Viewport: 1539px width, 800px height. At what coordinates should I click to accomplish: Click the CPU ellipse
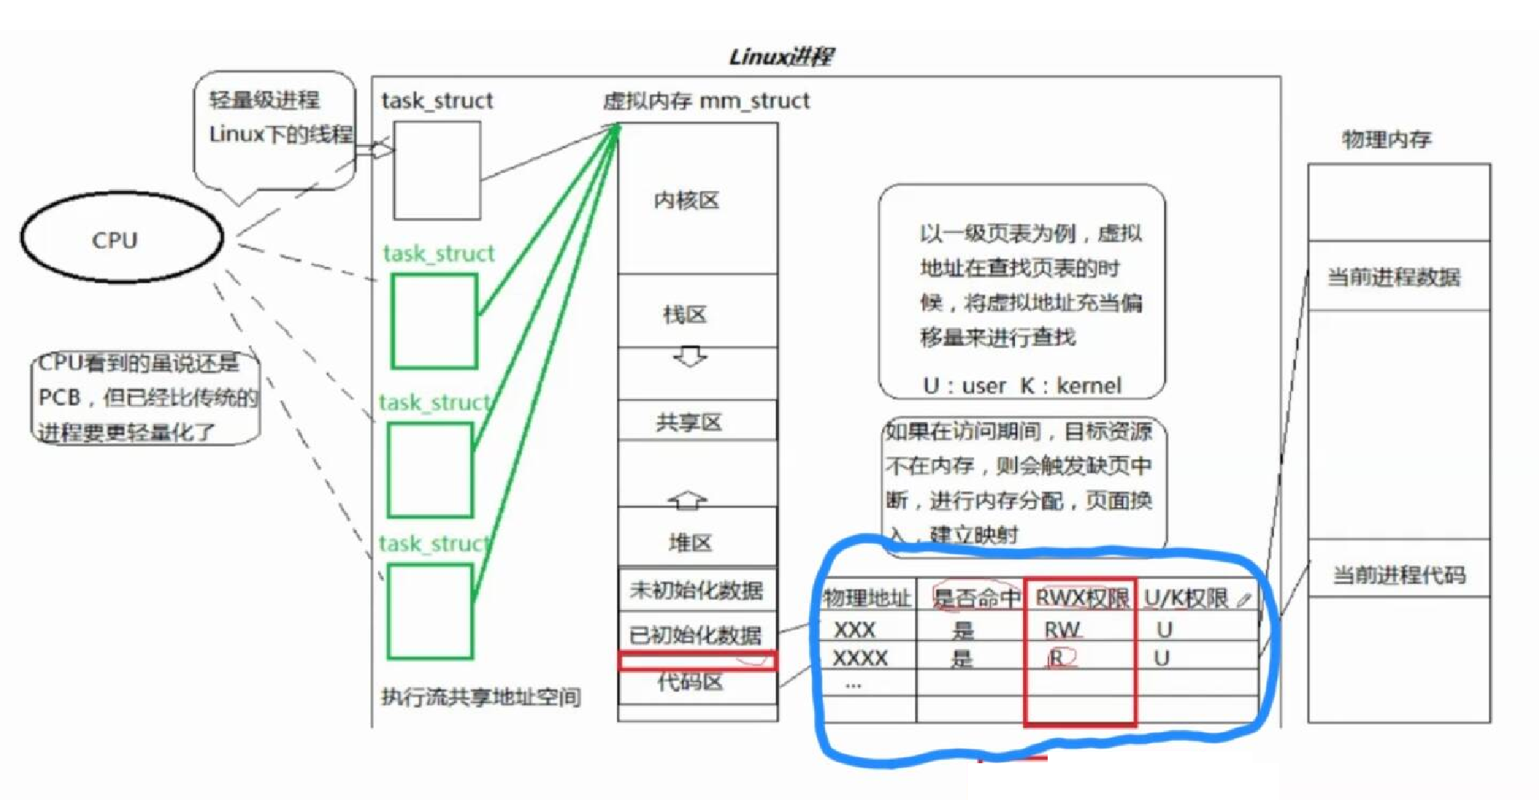(x=121, y=238)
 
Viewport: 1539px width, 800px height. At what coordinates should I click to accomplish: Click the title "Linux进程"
(x=780, y=56)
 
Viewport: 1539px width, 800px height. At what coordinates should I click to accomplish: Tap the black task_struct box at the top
(x=437, y=170)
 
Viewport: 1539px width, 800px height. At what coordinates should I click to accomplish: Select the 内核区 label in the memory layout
(x=687, y=200)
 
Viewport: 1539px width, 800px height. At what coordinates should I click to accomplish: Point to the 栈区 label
(x=684, y=314)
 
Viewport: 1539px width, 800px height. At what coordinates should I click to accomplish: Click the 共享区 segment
(x=689, y=422)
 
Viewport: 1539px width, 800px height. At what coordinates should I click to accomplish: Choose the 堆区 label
(x=691, y=543)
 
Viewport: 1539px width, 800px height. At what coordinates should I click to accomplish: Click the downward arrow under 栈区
(x=690, y=357)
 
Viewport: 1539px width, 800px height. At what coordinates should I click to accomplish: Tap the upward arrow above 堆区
(x=688, y=500)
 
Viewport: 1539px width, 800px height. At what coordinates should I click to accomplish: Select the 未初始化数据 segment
(x=696, y=589)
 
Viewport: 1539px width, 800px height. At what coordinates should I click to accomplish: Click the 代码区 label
(x=691, y=682)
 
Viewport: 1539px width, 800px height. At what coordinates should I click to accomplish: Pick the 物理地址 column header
(x=867, y=598)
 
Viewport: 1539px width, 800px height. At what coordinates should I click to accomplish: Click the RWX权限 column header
(x=1081, y=597)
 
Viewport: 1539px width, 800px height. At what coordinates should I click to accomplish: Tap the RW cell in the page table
(x=1062, y=630)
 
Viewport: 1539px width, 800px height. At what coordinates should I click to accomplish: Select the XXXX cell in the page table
(x=860, y=658)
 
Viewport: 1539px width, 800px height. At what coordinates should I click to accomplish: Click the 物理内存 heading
(x=1386, y=139)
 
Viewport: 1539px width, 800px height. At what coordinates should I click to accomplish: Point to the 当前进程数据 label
(x=1393, y=277)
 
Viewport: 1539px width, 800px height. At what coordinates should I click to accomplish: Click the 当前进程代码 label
(x=1400, y=574)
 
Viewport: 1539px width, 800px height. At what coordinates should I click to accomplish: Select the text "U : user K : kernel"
(x=1022, y=385)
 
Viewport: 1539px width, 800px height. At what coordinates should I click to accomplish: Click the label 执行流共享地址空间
(x=481, y=697)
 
